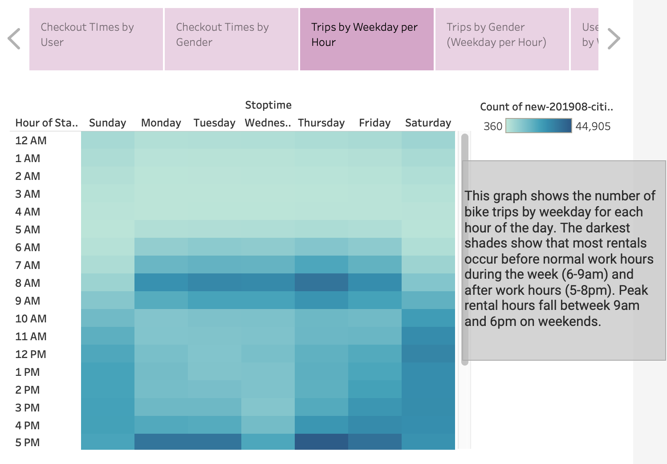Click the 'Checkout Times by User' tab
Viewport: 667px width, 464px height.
point(96,39)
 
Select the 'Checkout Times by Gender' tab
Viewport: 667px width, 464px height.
point(231,39)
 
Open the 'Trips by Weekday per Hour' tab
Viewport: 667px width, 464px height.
point(366,39)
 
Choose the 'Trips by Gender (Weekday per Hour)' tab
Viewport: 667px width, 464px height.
point(502,39)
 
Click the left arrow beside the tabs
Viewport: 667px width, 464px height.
point(14,39)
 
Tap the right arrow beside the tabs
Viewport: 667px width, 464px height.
point(614,39)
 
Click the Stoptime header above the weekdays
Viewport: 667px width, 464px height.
point(268,105)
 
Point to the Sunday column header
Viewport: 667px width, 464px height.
point(107,123)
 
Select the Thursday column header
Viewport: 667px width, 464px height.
point(321,123)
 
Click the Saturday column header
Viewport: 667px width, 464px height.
point(428,123)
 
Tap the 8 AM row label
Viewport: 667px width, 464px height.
point(28,283)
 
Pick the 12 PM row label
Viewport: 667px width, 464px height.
point(31,354)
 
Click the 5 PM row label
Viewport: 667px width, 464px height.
point(28,443)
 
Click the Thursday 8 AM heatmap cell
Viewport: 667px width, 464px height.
point(321,283)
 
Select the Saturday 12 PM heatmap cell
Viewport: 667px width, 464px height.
point(428,354)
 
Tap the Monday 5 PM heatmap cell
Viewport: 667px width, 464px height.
point(161,442)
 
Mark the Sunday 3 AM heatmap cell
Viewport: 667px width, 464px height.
point(107,194)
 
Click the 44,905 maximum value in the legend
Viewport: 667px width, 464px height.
point(593,126)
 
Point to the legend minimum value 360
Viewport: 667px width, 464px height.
point(493,126)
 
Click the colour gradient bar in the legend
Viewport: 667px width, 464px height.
point(538,126)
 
